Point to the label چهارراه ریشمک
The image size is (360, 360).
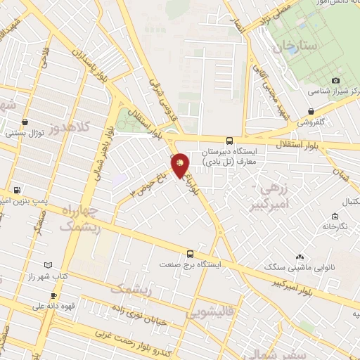(80, 218)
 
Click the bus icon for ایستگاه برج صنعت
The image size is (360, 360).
(190, 254)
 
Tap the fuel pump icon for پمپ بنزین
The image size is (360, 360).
(16, 190)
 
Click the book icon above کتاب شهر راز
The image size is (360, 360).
(48, 265)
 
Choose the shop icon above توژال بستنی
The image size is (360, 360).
(26, 121)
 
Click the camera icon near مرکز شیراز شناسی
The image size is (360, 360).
(335, 81)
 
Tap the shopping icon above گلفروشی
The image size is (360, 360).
(310, 110)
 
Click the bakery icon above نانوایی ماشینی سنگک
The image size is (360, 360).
(300, 257)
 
